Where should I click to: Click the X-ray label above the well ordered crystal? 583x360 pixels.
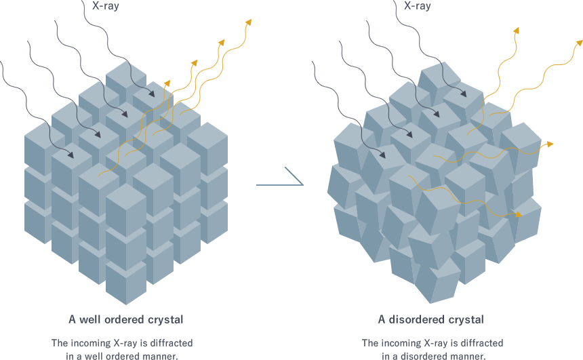[105, 6]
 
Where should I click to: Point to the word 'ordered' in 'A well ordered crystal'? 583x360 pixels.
[128, 319]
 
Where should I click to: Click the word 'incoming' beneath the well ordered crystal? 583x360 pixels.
[97, 342]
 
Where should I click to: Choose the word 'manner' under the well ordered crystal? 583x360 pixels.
[161, 355]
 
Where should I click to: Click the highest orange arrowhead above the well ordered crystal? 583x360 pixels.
[249, 22]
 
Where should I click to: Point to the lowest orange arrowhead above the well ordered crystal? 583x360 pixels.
[168, 83]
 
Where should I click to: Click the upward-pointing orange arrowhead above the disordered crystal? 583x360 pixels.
[516, 31]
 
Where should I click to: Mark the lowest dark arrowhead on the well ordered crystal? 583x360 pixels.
[71, 157]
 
